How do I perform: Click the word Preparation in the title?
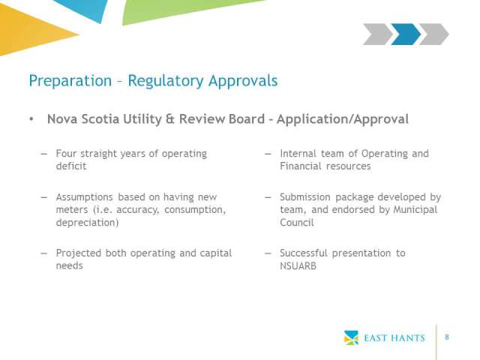tap(70, 81)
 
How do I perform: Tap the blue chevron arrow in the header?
tap(406, 34)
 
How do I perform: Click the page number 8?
tap(447, 337)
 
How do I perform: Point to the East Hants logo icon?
tap(351, 337)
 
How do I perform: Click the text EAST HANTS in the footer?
tap(394, 338)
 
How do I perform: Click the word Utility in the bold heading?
tap(142, 119)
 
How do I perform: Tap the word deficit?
tap(71, 166)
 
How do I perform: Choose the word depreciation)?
tap(87, 223)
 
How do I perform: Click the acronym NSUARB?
tap(298, 266)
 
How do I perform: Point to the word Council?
tap(297, 223)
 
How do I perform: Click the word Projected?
tap(78, 253)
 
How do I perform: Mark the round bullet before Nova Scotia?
tap(31, 119)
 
